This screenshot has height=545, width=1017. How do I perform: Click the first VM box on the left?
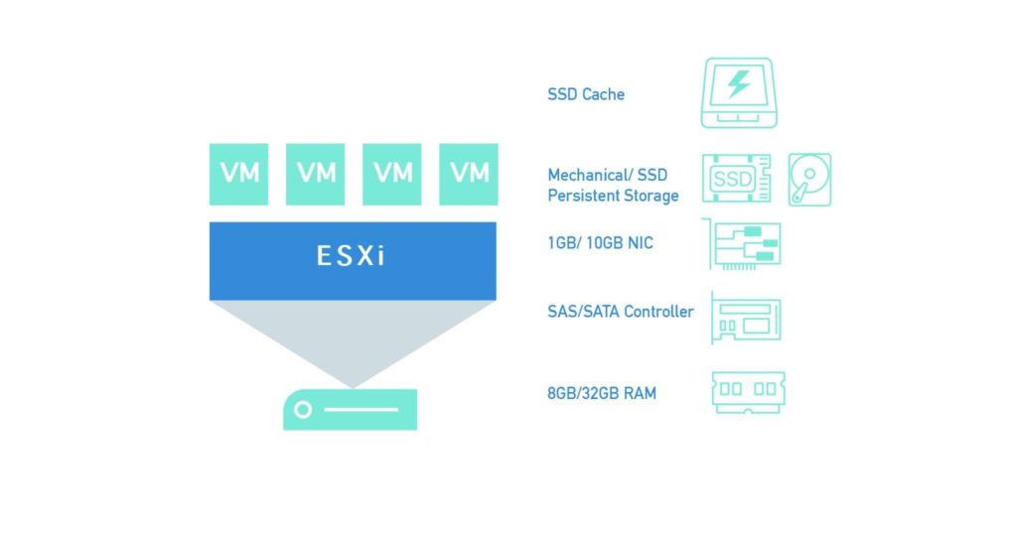pos(239,174)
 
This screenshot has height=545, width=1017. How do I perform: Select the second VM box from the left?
pos(317,174)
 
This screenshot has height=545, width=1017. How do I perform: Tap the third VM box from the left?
pos(393,174)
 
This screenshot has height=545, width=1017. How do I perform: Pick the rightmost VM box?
pos(470,174)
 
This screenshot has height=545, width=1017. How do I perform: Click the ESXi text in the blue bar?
pos(352,257)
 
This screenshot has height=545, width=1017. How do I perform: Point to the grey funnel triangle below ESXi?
pos(352,333)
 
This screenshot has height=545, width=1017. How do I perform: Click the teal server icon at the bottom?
pos(350,409)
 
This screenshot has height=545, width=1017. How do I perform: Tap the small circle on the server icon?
pos(303,410)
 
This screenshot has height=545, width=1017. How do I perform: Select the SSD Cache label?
pos(586,94)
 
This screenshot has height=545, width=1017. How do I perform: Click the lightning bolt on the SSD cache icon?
pos(738,84)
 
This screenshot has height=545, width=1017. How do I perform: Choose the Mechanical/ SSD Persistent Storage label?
pos(613,186)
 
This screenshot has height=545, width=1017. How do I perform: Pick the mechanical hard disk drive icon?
pos(809,180)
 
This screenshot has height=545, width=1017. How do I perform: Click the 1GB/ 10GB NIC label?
pos(600,243)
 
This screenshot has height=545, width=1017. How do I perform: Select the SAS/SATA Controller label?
pos(621,312)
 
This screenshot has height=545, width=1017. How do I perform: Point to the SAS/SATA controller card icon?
pos(746,317)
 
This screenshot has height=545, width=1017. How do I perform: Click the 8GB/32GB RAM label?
pos(602,393)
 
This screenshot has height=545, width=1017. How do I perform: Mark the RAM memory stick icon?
pos(748,391)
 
